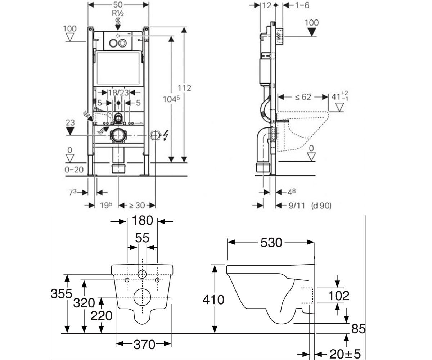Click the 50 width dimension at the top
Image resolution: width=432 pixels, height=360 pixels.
118,5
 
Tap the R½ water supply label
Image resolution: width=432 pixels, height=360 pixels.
118,13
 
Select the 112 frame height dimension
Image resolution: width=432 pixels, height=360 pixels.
184,88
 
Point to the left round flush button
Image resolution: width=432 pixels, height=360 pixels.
113,43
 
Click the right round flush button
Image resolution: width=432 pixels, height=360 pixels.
122,43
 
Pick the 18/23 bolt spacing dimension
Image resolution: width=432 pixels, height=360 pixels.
118,93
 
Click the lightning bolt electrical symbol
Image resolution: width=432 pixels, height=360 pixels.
166,135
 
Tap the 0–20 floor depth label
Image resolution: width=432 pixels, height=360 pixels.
74,170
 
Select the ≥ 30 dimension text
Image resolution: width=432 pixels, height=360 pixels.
137,206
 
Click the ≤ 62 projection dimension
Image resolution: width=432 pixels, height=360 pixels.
303,97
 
